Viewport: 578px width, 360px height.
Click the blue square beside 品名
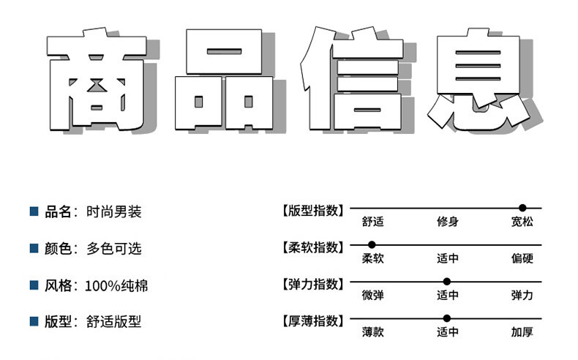(33, 211)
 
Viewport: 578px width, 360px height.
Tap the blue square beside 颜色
(33, 248)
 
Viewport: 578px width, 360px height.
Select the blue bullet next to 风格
(33, 285)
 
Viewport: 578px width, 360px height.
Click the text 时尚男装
(113, 212)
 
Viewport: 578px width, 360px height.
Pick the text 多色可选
(113, 249)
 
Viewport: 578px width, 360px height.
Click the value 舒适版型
(113, 322)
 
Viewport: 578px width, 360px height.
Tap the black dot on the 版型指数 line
(522, 209)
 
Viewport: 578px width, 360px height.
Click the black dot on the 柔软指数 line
(372, 244)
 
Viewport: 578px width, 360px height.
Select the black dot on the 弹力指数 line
(446, 281)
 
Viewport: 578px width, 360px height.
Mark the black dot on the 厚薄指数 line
(446, 318)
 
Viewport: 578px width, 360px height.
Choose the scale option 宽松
(522, 222)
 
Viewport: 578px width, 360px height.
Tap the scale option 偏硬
(522, 258)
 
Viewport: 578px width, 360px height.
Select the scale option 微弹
(372, 296)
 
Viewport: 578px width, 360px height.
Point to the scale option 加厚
(522, 332)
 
